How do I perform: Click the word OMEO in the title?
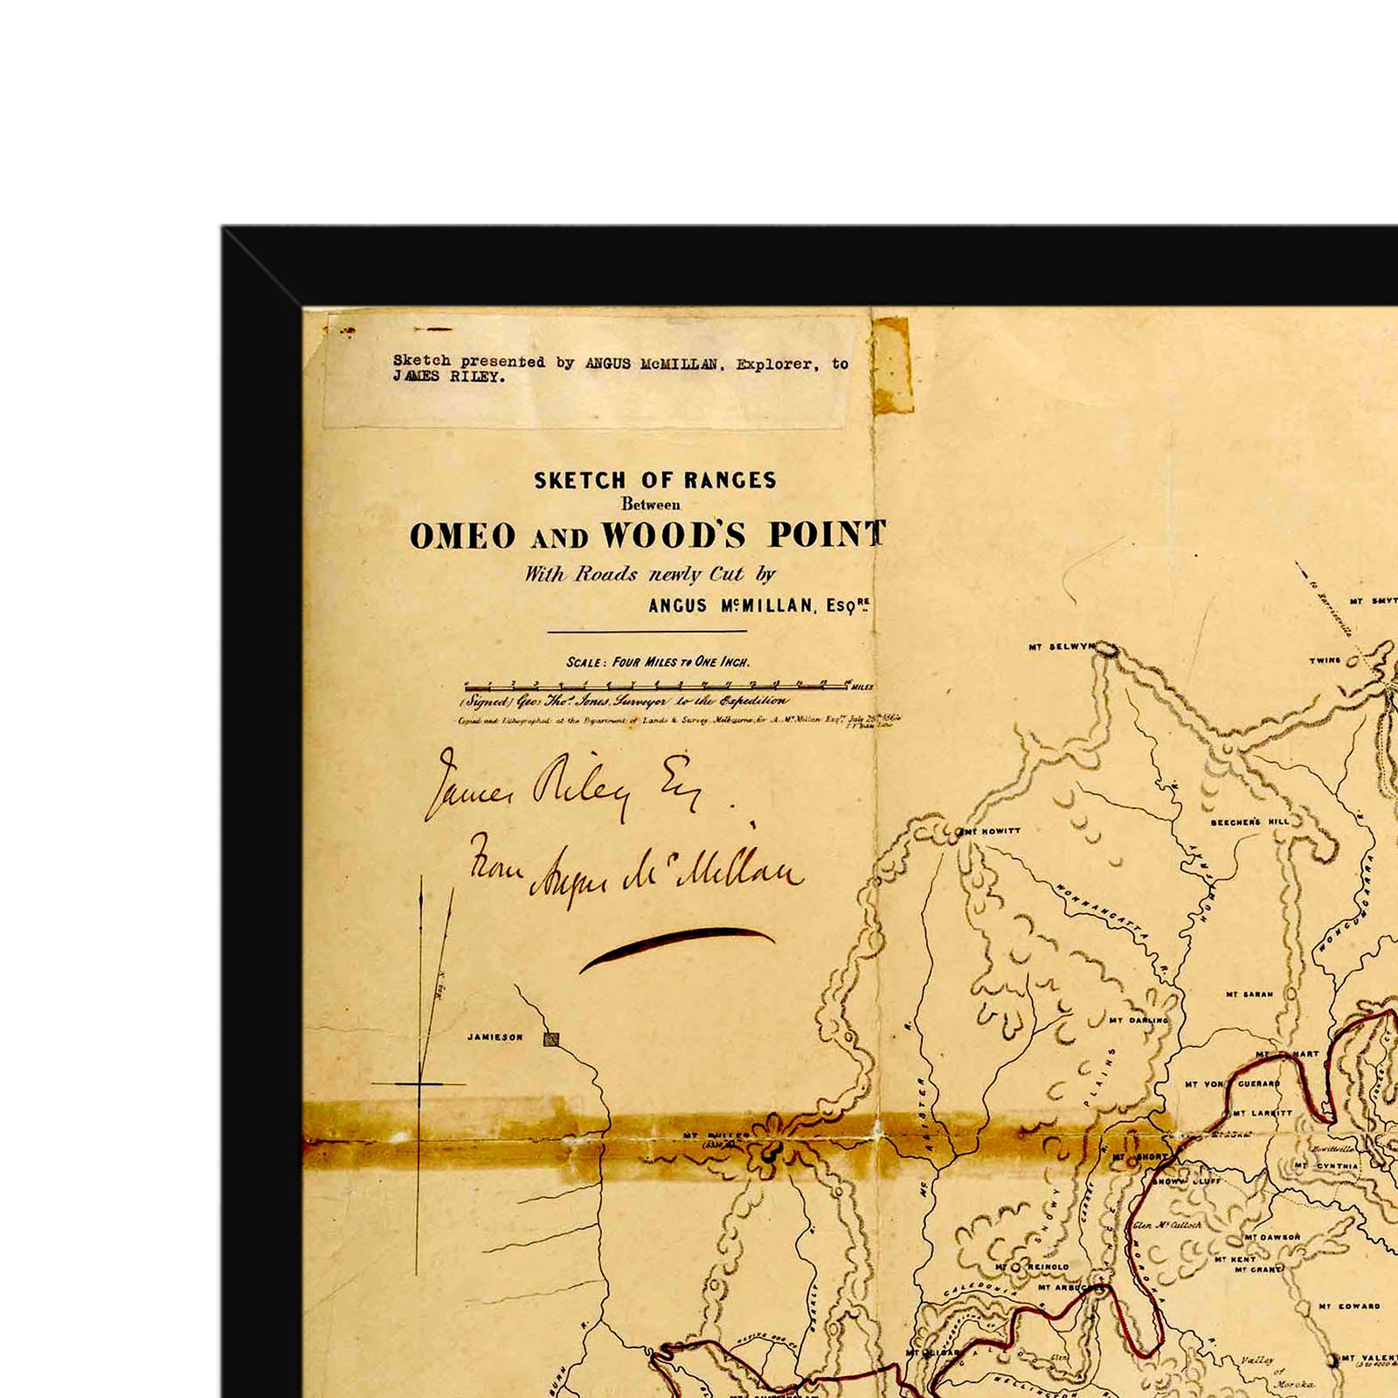click(463, 536)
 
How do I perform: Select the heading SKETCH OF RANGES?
click(654, 480)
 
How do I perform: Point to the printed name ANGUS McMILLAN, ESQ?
click(758, 606)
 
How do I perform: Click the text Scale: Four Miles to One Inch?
click(657, 661)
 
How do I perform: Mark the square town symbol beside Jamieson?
click(550, 1039)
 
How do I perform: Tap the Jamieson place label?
click(495, 1037)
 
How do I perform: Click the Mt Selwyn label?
click(1061, 647)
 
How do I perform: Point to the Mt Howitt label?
click(991, 831)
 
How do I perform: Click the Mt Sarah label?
click(1249, 994)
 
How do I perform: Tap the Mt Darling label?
click(1138, 1020)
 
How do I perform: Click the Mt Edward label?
click(1349, 1306)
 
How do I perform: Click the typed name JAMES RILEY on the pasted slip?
click(447, 377)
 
